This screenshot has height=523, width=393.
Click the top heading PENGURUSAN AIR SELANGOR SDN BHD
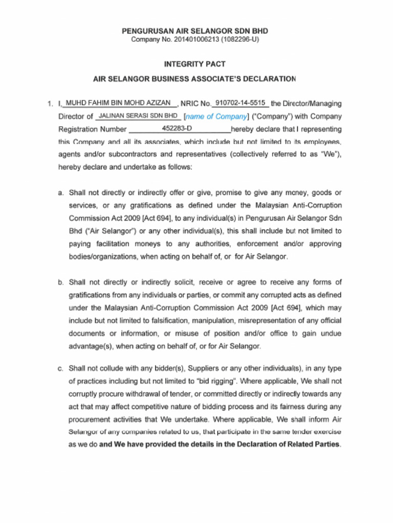pos(194,31)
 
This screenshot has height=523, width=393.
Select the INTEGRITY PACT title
pos(194,64)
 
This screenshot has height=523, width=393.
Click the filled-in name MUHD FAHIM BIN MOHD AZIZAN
pos(119,103)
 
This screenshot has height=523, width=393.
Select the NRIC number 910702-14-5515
pos(240,103)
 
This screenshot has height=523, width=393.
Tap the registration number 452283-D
pos(177,129)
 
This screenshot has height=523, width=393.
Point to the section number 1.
pos(50,104)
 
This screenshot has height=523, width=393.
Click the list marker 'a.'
pos(61,193)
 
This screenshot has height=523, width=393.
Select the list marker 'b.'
pos(61,282)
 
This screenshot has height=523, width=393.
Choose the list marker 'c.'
pos(61,368)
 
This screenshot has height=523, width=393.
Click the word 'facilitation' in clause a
pos(113,244)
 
